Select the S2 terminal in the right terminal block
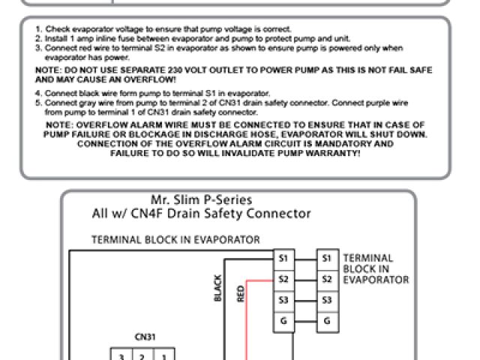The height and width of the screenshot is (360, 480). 326,279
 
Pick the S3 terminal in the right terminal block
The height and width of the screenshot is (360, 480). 326,299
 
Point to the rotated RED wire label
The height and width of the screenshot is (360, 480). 241,292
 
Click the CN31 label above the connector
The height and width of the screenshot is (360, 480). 145,337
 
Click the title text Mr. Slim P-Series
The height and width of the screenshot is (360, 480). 201,200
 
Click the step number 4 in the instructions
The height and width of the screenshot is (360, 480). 37,92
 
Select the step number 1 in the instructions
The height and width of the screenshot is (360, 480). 37,28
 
